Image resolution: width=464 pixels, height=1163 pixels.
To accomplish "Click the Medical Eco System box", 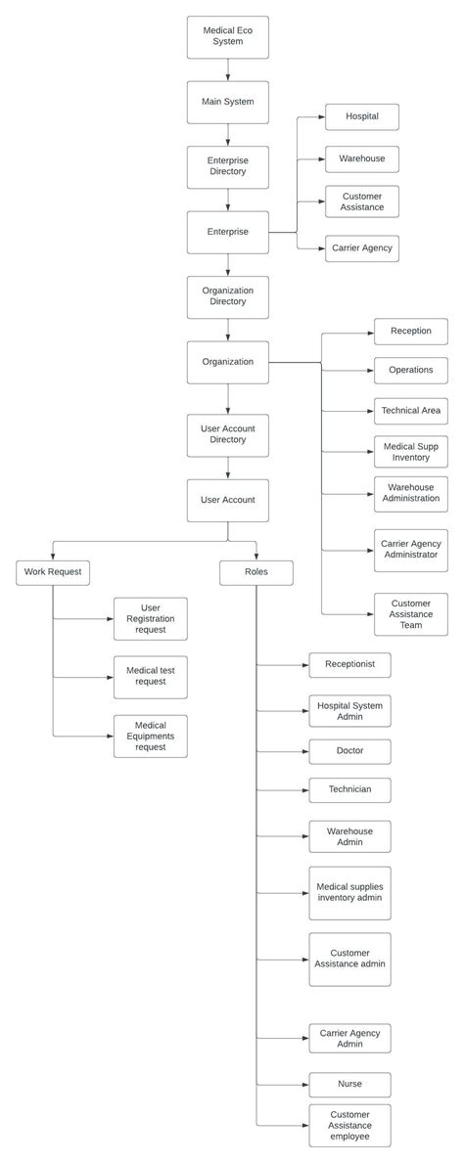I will pos(227,37).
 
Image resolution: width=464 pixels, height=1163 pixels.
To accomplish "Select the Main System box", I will pos(227,102).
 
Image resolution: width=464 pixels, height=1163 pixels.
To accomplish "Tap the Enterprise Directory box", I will pos(227,166).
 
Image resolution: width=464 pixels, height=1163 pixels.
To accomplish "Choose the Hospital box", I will pos(361,116).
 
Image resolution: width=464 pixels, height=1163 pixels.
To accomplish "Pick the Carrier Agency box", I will pos(361,248).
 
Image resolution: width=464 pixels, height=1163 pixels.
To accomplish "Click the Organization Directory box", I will pos(227,296).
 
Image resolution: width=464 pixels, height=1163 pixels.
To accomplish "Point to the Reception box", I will pos(410,332).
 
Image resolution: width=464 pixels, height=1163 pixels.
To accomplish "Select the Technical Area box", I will pos(410,411).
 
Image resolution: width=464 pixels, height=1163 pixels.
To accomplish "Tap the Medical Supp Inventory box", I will pos(410,452).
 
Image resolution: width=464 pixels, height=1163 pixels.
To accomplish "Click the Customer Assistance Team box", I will pos(410,614).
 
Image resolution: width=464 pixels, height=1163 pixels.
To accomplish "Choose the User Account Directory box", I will pos(227,434).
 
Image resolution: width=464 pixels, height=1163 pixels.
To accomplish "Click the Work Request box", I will pos(53,571).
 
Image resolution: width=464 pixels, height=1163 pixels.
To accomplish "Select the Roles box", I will pos(256,571).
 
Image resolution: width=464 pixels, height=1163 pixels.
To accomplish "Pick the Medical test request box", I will pos(150,677).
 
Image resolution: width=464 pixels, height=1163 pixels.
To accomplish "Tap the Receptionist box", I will pos(349,665).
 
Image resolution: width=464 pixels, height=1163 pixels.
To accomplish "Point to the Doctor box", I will pos(349,751).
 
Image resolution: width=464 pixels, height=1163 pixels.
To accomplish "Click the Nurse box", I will pos(349,1084).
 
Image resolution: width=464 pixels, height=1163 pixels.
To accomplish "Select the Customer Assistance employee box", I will pos(349,1126).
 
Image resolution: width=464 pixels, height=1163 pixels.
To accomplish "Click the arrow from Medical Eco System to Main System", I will pos(227,69).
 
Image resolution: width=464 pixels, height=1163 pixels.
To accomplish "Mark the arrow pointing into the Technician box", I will pos(284,789).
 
